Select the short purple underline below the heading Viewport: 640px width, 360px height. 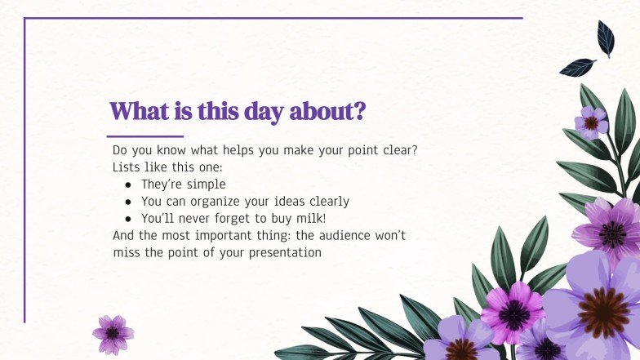(x=145, y=136)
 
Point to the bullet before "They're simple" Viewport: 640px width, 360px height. (x=128, y=184)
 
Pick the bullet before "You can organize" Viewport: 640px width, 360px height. (x=128, y=202)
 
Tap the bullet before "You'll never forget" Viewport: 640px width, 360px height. (x=128, y=218)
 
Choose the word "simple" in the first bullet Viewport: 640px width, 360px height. (x=207, y=184)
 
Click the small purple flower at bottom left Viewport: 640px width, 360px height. (x=113, y=334)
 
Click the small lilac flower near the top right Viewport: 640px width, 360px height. (x=590, y=122)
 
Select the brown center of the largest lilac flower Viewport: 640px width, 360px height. (x=604, y=313)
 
